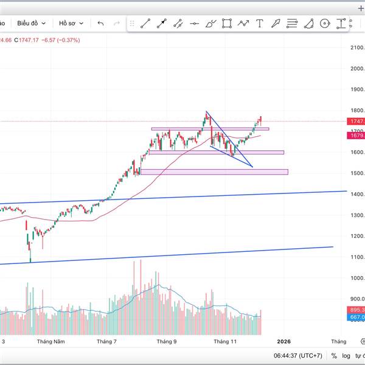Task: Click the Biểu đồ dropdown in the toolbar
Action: (31, 23)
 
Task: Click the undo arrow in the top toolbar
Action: (100, 23)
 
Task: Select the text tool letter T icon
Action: (260, 24)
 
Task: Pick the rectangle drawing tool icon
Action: (227, 24)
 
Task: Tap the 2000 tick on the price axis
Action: (357, 68)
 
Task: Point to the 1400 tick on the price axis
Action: (357, 194)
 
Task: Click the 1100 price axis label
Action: (357, 257)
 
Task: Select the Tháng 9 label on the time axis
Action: (166, 342)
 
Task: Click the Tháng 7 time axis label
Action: (107, 342)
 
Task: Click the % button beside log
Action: (334, 356)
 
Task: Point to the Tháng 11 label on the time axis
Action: (224, 342)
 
